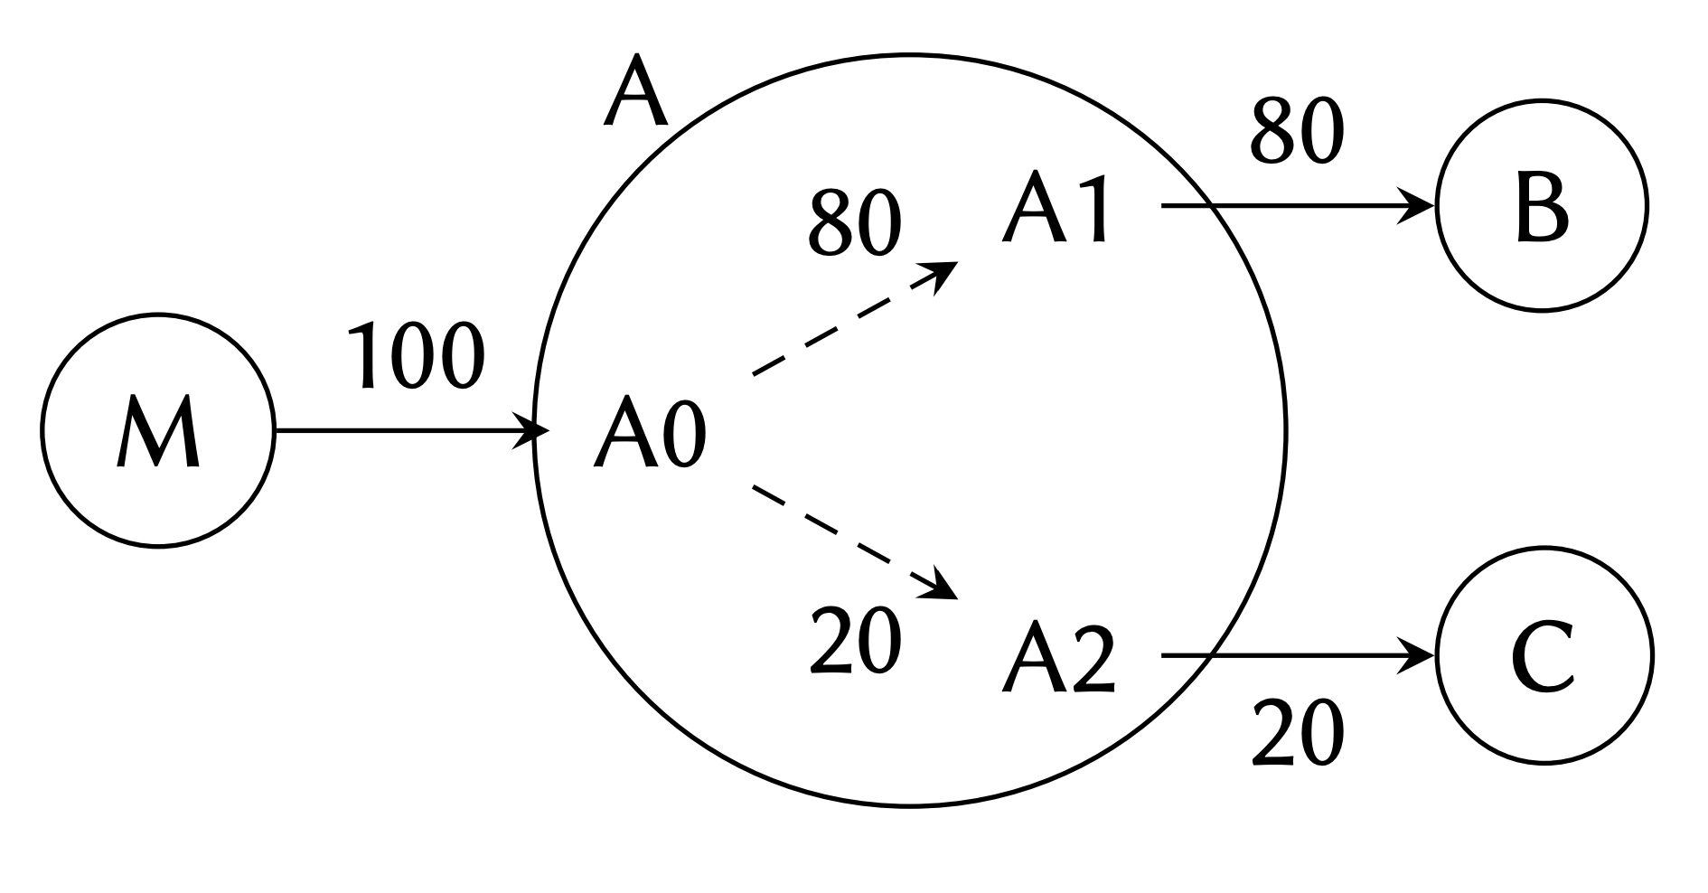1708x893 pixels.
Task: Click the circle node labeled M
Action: click(x=157, y=431)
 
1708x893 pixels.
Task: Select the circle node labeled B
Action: click(x=1543, y=206)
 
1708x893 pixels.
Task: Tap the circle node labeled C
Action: click(x=1544, y=655)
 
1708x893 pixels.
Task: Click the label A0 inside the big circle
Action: click(x=649, y=433)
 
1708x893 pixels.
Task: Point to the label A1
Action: click(x=1056, y=209)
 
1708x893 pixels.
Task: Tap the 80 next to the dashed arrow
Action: click(x=855, y=221)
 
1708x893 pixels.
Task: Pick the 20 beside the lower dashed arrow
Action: click(x=855, y=639)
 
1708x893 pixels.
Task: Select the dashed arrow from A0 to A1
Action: click(x=854, y=319)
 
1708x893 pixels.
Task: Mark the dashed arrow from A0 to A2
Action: click(x=854, y=541)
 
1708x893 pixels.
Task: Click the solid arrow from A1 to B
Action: click(x=1292, y=206)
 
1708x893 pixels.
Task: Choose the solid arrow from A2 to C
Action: click(x=1292, y=655)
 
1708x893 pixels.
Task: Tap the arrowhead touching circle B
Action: click(x=1419, y=206)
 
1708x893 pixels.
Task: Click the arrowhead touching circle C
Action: click(x=1419, y=655)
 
